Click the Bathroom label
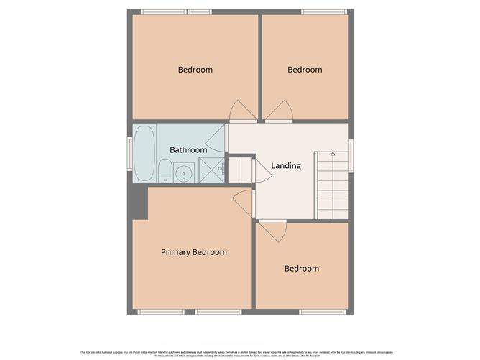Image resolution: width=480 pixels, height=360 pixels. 188,149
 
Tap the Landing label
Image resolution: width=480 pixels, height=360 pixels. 285,166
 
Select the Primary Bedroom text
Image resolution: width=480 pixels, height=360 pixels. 193,252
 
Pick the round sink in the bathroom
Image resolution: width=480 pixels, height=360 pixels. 184,173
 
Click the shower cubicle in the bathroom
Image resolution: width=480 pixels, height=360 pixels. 211,170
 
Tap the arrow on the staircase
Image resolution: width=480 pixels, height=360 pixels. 333,155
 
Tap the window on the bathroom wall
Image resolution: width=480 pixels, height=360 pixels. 130,152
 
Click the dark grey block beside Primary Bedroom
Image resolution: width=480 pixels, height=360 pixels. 138,201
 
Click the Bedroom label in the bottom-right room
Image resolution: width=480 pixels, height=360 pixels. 301,269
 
